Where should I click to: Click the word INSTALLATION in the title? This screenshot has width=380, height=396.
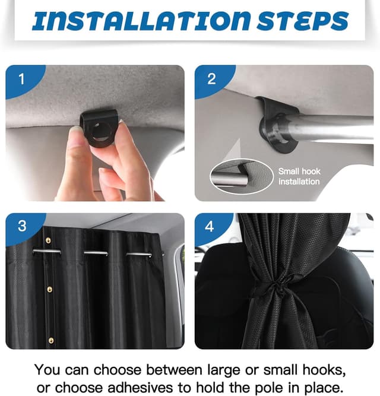click(x=141, y=21)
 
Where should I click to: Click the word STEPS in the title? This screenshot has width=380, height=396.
click(x=303, y=21)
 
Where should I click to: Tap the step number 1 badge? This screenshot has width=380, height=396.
click(x=22, y=79)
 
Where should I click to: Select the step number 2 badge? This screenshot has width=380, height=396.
click(x=211, y=79)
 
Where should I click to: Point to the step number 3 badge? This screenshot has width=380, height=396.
click(x=22, y=226)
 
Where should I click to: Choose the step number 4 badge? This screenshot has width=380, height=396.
click(x=210, y=226)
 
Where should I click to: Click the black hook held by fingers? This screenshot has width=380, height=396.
click(x=99, y=128)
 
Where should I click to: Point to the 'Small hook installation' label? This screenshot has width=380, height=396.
click(x=299, y=176)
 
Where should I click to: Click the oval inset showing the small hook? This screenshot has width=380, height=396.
click(x=242, y=176)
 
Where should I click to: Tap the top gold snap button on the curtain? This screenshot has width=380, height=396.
click(x=48, y=240)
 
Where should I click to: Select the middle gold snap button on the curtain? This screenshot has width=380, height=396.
click(x=50, y=289)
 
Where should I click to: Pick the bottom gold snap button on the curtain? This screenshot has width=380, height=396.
click(x=51, y=341)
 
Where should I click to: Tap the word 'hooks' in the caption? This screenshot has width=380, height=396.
click(x=324, y=370)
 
